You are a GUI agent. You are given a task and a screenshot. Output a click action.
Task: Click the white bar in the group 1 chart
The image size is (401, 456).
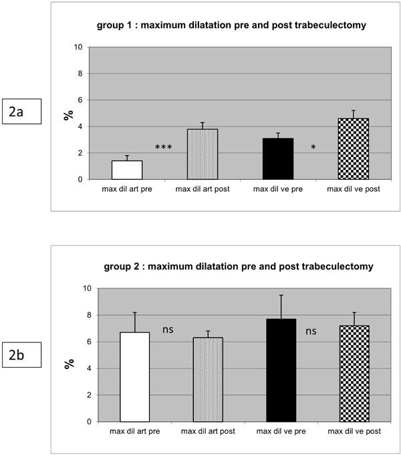(127, 170)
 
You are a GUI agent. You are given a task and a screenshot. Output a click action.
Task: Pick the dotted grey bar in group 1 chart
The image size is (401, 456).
(201, 154)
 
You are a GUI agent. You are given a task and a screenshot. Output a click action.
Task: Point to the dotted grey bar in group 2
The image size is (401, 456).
(208, 380)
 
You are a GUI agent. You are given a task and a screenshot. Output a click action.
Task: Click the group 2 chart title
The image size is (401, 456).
(237, 267)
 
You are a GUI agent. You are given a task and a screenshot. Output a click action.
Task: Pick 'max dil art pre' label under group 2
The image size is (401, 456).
(134, 431)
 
